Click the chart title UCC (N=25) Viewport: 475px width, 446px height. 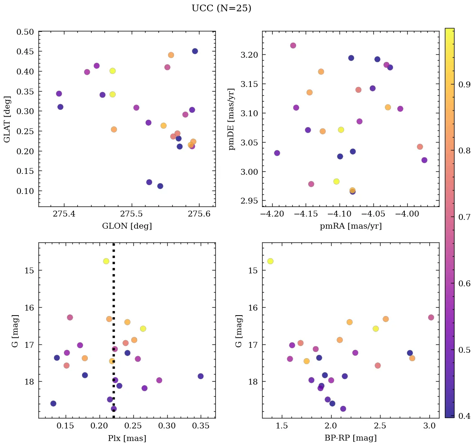pyautogui.click(x=221, y=8)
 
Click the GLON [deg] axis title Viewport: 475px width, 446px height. pyautogui.click(x=127, y=226)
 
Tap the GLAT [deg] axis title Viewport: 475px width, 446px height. pyautogui.click(x=8, y=119)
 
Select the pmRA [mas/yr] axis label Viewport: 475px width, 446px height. pyautogui.click(x=350, y=226)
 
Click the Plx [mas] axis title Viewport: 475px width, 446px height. pyautogui.click(x=127, y=438)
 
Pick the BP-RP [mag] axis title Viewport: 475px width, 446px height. pyautogui.click(x=350, y=438)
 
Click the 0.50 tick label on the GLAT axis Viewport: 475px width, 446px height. pyautogui.click(x=25, y=32)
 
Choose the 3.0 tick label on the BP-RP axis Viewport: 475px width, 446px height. pyautogui.click(x=429, y=427)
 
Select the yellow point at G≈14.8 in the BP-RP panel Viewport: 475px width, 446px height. pyautogui.click(x=270, y=261)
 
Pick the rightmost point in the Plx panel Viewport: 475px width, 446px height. pyautogui.click(x=201, y=376)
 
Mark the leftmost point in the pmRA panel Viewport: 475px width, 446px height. pyautogui.click(x=277, y=153)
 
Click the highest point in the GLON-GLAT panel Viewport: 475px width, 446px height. pyautogui.click(x=195, y=51)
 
